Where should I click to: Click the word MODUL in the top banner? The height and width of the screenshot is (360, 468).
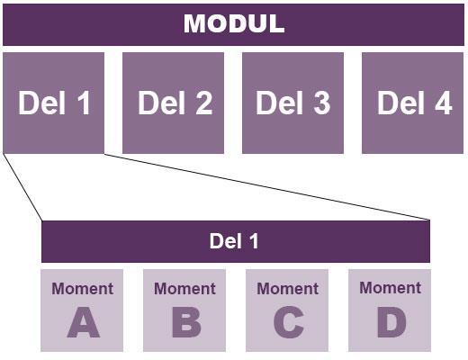point(234,23)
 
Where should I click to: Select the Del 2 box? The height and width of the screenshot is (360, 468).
point(173,103)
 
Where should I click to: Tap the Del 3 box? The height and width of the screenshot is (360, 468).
point(292,103)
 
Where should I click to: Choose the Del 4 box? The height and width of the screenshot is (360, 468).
point(412,103)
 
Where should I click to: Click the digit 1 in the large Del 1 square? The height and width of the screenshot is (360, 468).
point(84,103)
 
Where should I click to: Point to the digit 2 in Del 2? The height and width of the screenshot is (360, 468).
point(204,103)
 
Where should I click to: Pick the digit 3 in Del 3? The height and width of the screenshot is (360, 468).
point(322,103)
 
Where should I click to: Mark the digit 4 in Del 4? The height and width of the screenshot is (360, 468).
point(444,103)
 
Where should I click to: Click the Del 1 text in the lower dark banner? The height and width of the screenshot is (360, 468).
point(234,241)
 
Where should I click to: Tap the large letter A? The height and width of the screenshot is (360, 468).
point(83,322)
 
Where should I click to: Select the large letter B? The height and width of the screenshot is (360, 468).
point(186,322)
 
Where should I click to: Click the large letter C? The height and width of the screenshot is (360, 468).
point(289,322)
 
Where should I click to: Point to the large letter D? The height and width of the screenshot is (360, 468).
point(391,322)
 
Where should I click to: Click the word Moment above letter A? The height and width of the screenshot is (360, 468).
point(82,289)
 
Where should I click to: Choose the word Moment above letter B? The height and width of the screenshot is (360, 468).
point(184,289)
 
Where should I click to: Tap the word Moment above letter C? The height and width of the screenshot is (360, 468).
point(287,289)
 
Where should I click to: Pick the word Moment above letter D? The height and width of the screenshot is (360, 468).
point(390,288)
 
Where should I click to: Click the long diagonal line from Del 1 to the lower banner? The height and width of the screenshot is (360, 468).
point(267,187)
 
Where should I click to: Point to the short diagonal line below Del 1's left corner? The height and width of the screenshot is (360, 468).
point(22,187)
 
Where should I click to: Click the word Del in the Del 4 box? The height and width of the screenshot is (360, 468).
point(400,103)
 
